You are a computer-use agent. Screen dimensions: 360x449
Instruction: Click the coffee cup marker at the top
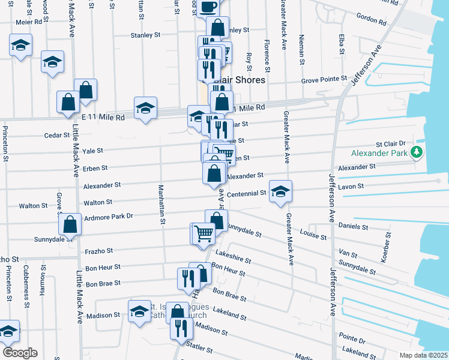(x=209, y=7)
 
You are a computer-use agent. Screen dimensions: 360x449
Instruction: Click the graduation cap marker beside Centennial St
(x=280, y=191)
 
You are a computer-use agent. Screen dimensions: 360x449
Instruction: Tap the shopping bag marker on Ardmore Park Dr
(x=70, y=224)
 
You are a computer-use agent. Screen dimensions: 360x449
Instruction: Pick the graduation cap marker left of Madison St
(x=139, y=311)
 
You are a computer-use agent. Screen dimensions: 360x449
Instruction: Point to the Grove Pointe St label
(x=324, y=79)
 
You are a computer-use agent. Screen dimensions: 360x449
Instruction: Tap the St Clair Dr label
(x=391, y=144)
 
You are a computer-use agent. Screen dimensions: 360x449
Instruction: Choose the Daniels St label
(x=353, y=227)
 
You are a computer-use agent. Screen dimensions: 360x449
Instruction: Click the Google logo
(x=20, y=353)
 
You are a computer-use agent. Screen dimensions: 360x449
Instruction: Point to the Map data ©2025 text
(x=423, y=355)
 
